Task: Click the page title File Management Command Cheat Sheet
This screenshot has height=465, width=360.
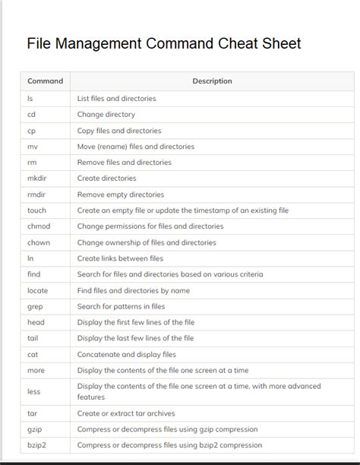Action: coord(164,43)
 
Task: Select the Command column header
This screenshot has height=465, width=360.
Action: coord(45,81)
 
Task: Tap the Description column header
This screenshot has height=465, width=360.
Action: coord(212,81)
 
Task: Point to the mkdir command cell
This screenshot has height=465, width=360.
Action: coord(37,179)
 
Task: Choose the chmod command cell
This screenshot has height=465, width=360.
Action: coord(38,226)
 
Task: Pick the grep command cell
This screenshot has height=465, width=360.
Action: coord(35,307)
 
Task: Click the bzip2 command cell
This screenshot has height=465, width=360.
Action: coord(37,445)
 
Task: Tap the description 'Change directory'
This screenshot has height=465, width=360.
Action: coord(106,115)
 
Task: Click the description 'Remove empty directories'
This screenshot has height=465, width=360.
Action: coord(120,195)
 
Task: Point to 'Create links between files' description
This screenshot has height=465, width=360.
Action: coord(120,258)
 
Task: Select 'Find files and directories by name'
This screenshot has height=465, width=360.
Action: coord(133,290)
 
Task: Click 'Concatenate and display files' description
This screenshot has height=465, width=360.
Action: coord(126,355)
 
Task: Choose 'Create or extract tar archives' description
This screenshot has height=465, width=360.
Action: coord(125,413)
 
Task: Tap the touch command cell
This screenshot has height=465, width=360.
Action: coord(36,210)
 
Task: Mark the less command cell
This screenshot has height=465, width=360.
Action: coord(33,391)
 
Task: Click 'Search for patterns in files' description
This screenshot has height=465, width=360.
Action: coord(121,307)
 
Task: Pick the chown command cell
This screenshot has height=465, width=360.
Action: coord(38,242)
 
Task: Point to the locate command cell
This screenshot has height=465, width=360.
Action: coord(37,290)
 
